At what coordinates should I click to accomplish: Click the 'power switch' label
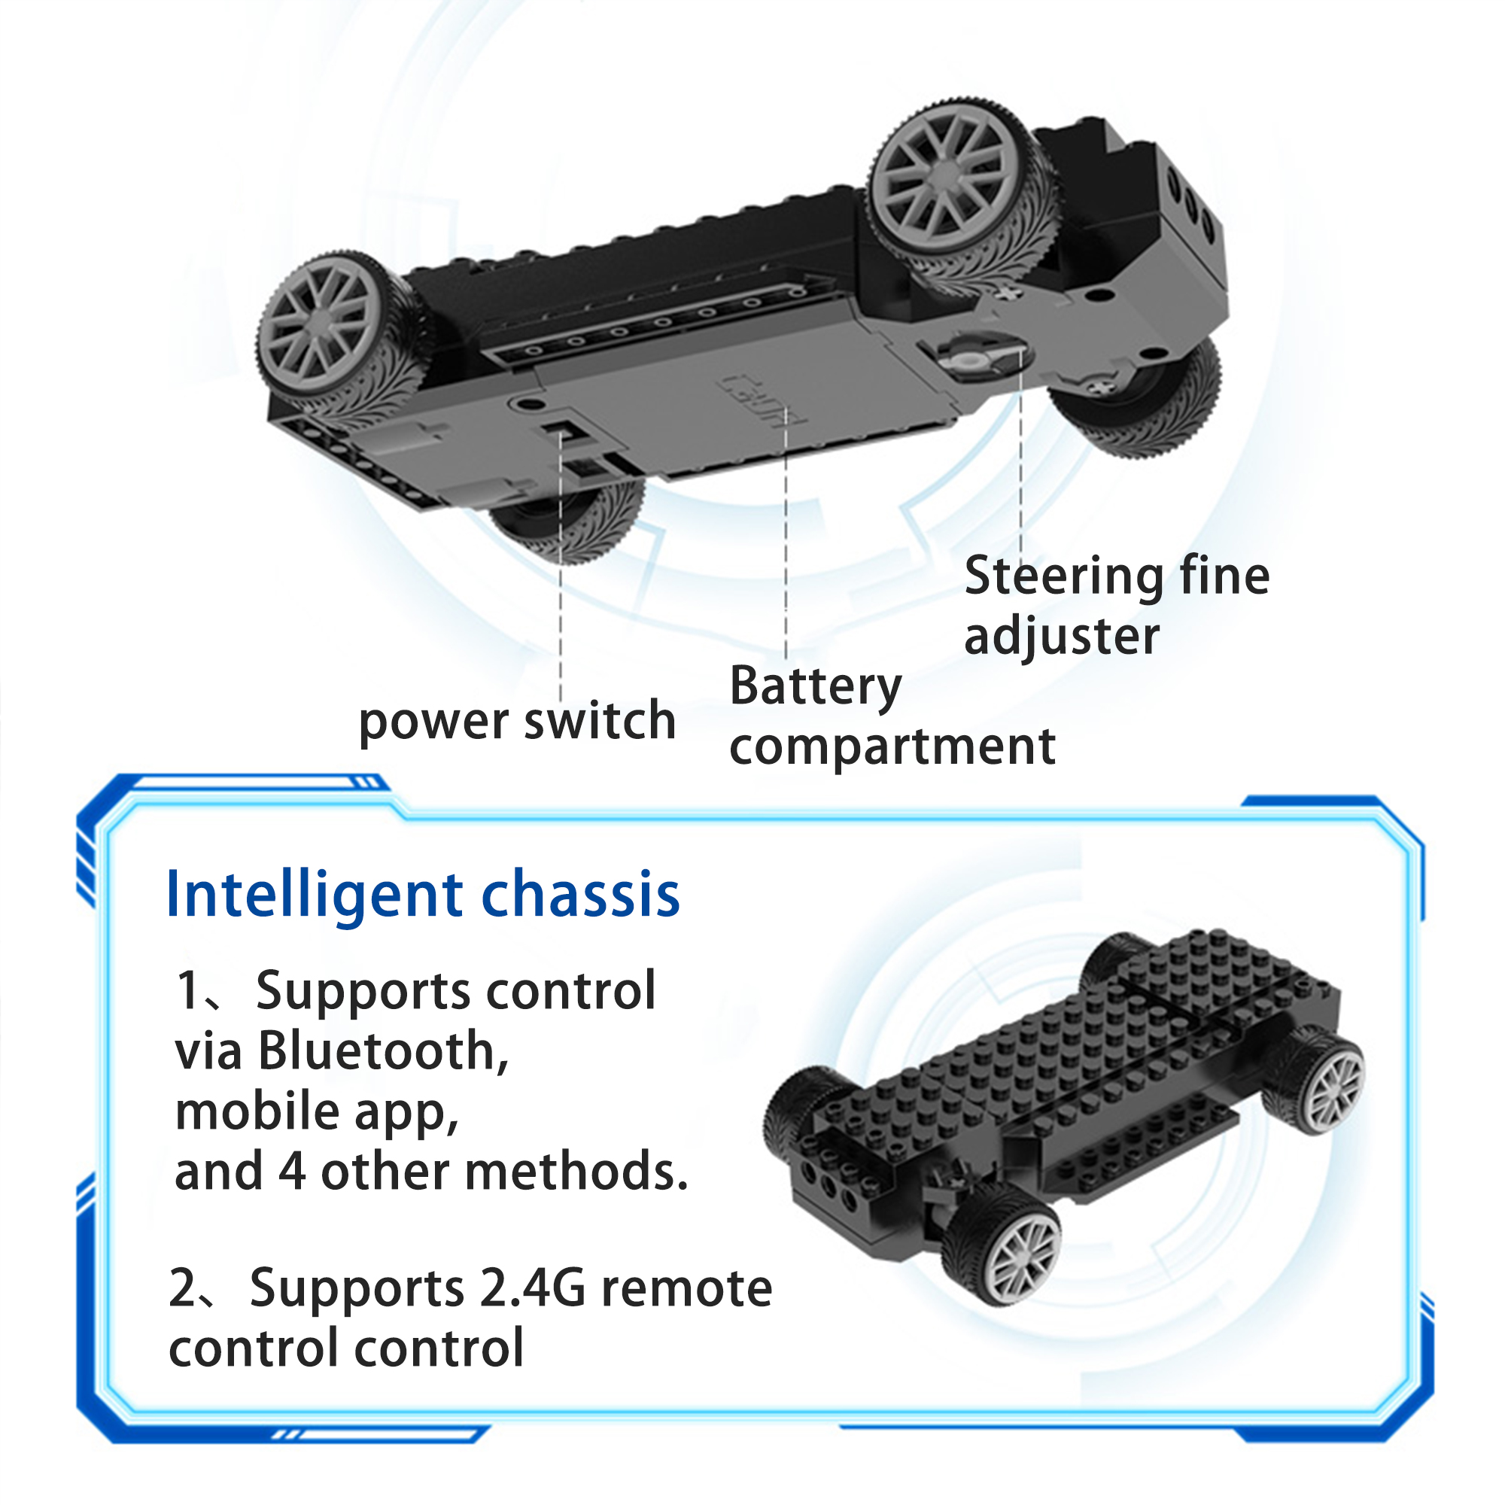(x=517, y=722)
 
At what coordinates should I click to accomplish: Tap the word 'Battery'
(x=816, y=687)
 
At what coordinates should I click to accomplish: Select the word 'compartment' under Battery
(x=892, y=748)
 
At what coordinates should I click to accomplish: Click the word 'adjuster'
(x=1062, y=637)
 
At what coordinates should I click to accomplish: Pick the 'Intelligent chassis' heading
(x=423, y=895)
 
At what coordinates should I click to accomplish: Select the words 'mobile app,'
(x=317, y=1111)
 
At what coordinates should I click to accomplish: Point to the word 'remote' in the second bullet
(x=687, y=1289)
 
